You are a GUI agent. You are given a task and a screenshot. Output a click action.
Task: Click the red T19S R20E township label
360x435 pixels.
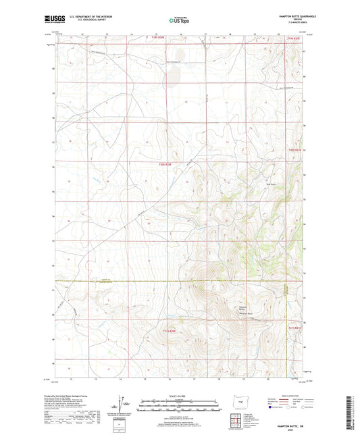(158, 39)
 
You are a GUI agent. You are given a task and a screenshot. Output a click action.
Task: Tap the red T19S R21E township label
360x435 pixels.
(292, 39)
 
